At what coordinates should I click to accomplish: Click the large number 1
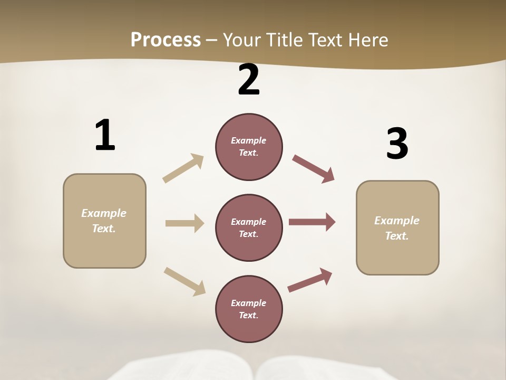coord(105,135)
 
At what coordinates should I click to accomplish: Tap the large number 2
coord(249,80)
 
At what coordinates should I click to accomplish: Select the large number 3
coord(397,144)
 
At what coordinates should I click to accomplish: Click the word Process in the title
coord(166,40)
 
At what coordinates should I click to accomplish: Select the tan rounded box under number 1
coord(104,221)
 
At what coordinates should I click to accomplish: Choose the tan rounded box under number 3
coord(397,227)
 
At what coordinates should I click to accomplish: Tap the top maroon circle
coord(249,147)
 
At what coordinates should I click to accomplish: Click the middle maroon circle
coord(249,227)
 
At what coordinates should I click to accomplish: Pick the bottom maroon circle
coord(249,309)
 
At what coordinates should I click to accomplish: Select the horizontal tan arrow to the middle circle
coord(184,223)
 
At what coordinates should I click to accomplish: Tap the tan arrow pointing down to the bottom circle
coord(184,281)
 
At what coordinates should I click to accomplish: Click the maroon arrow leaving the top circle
coord(313,169)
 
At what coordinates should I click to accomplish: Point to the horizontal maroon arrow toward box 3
coord(312,222)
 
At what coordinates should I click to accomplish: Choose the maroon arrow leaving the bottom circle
coord(310,280)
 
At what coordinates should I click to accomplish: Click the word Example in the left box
coord(104,213)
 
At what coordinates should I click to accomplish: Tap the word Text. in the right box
coord(397,236)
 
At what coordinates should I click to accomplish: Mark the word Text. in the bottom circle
coord(249,315)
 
